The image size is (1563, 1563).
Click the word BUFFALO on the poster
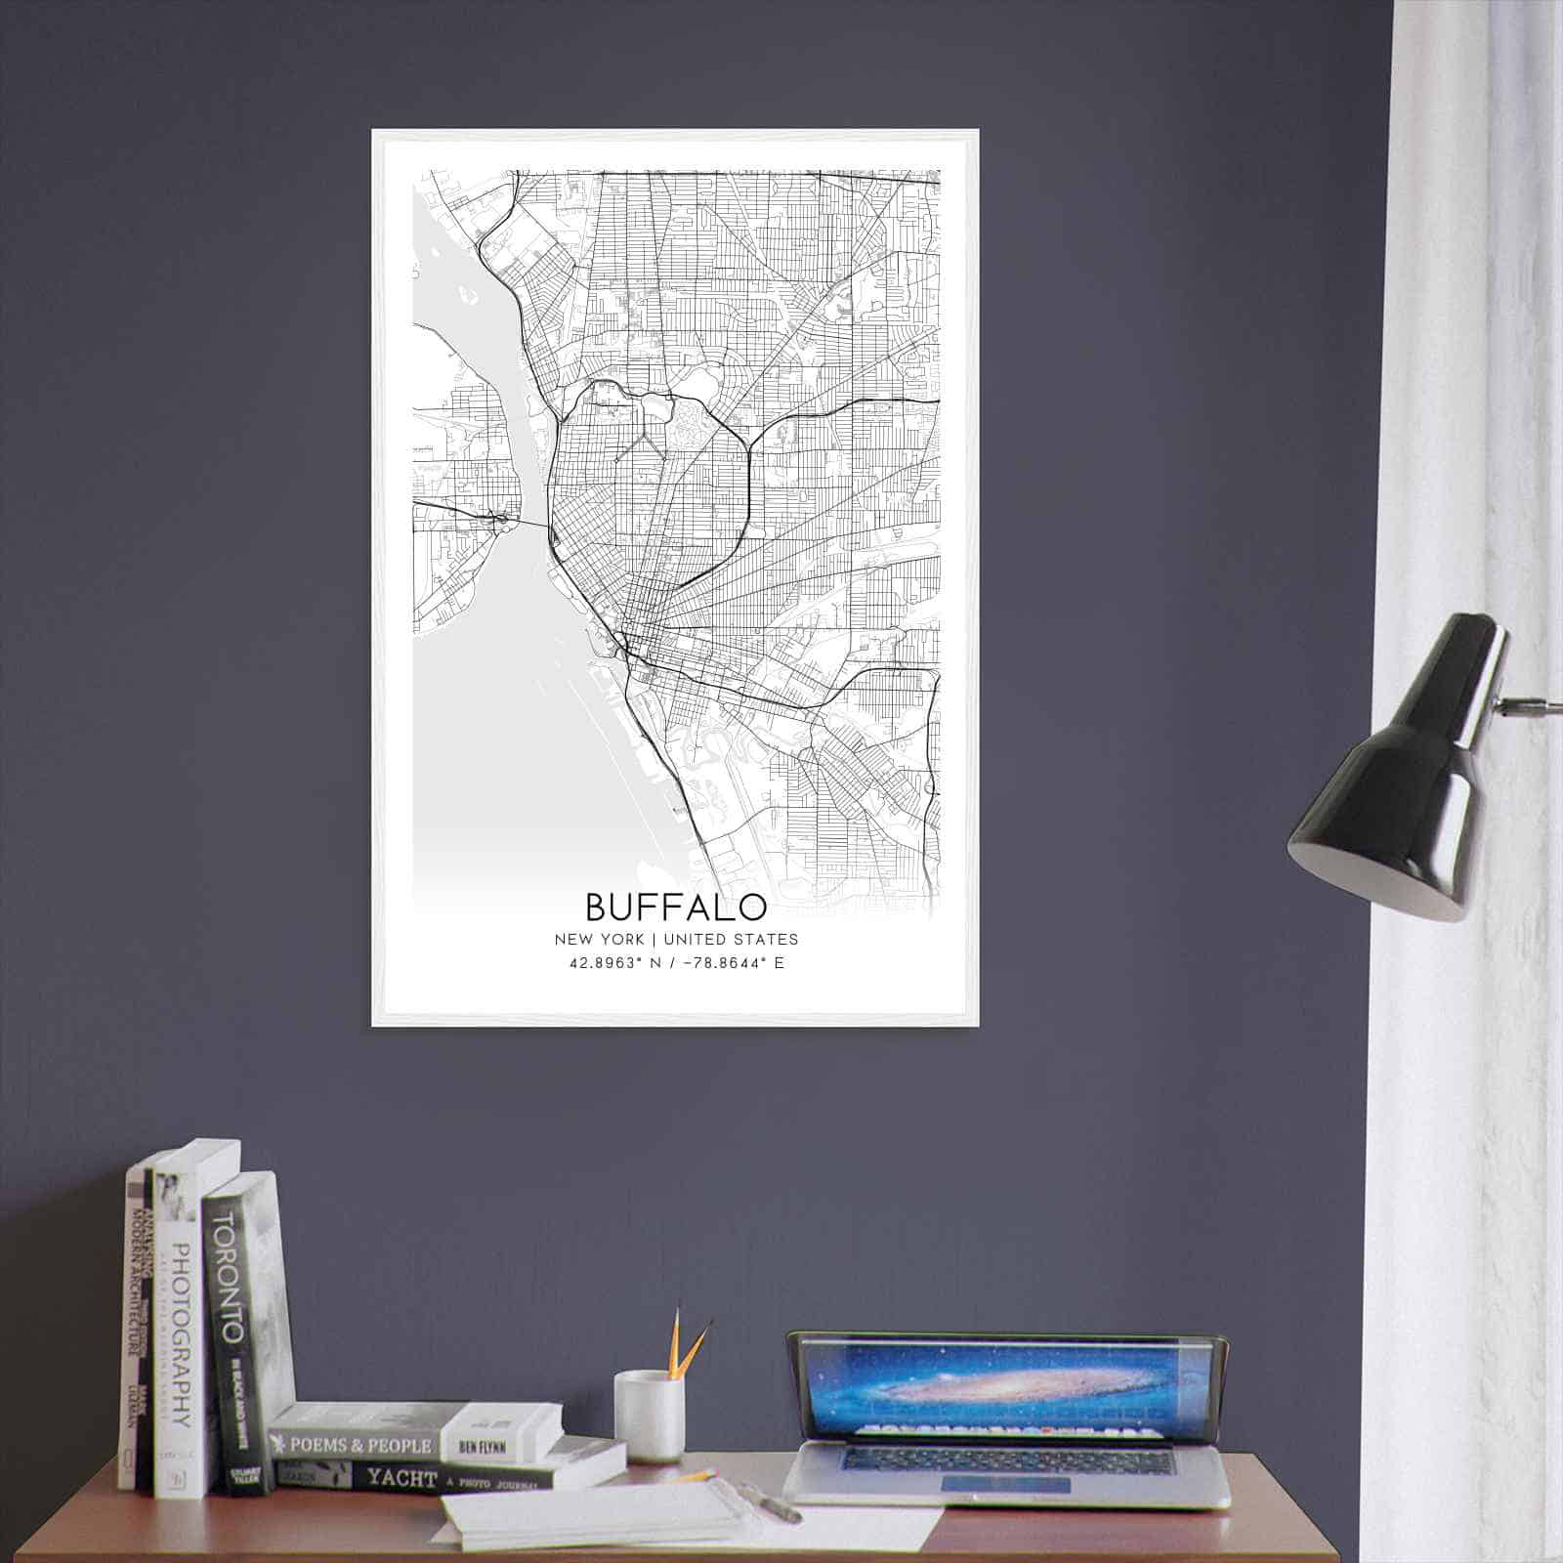(x=676, y=907)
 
